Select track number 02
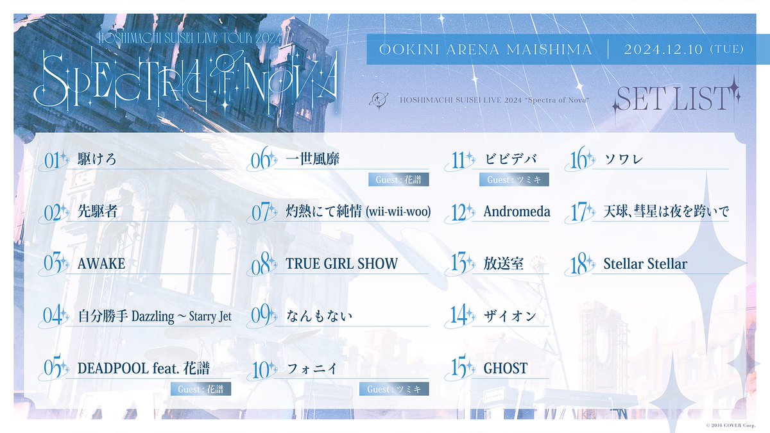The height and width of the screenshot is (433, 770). click(x=55, y=212)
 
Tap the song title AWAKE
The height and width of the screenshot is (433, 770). click(x=101, y=264)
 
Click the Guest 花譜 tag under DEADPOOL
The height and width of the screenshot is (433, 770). click(x=201, y=389)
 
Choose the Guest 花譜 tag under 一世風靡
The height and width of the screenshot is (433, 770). click(x=398, y=180)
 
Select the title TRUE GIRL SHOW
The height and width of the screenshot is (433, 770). click(x=341, y=264)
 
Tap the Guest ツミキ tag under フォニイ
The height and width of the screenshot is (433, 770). click(x=398, y=389)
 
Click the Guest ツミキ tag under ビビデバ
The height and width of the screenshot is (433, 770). click(x=514, y=180)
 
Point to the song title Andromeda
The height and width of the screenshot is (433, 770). click(x=517, y=212)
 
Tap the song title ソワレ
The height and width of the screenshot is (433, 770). click(x=623, y=159)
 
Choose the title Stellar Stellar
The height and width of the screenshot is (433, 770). click(x=645, y=264)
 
